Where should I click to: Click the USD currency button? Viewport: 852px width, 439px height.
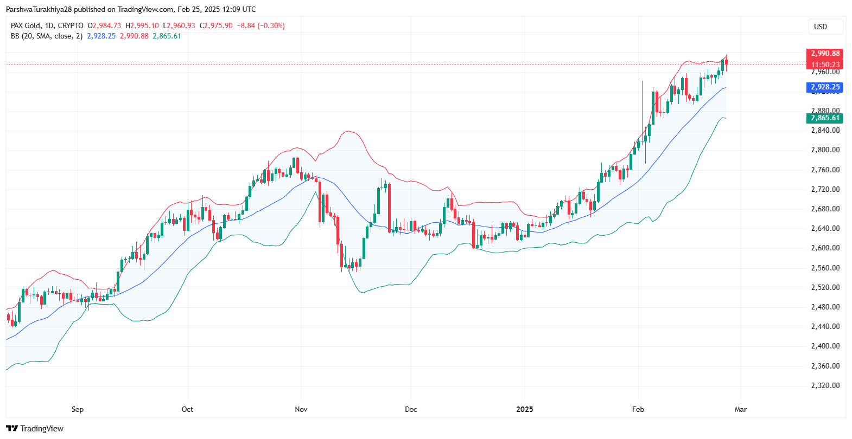point(821,27)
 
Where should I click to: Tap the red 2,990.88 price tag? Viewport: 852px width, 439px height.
point(825,54)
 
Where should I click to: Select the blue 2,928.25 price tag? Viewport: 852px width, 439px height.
point(825,87)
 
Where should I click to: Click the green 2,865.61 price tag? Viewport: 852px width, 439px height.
point(825,118)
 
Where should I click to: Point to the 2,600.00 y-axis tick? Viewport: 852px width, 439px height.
point(825,248)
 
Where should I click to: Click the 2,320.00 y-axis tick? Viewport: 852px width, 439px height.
point(825,386)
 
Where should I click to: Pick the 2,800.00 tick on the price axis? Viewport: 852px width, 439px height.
point(825,150)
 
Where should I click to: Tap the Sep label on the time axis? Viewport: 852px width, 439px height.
point(78,409)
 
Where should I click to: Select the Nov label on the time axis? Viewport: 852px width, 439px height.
point(301,409)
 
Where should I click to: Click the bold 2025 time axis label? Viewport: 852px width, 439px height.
point(525,409)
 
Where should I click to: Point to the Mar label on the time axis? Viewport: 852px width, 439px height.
point(741,409)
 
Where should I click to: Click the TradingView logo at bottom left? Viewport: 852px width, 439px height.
point(35,429)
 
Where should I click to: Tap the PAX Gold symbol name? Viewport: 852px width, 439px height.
point(26,26)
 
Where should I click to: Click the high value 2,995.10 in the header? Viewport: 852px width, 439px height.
point(144,26)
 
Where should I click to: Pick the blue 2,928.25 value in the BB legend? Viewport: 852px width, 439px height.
point(101,36)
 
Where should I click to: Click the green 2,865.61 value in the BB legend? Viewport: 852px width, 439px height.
point(167,36)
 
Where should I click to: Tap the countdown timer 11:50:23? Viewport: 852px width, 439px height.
point(825,64)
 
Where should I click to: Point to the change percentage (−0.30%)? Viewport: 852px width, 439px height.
point(271,26)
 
